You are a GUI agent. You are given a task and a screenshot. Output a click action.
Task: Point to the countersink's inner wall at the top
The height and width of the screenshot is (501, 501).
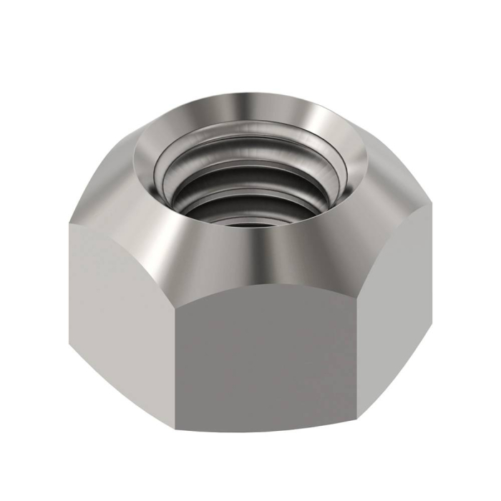click(x=243, y=107)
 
